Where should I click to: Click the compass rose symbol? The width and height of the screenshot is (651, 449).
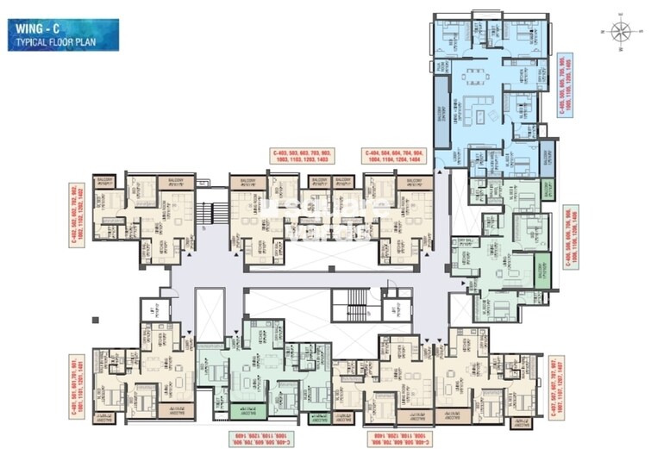point(619,32)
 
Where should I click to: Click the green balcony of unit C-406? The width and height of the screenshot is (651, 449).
point(543,267)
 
